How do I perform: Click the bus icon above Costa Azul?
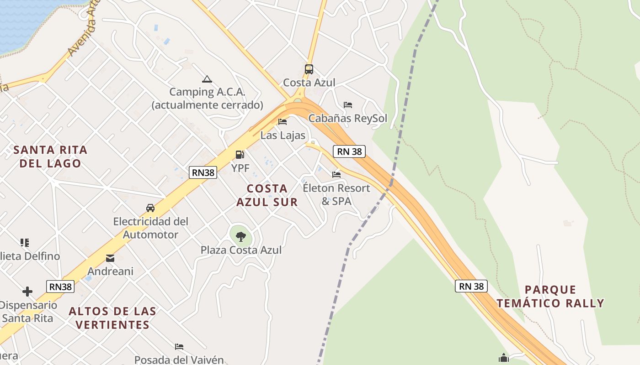point(309,69)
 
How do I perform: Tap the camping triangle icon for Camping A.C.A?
point(207,79)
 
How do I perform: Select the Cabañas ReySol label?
point(347,119)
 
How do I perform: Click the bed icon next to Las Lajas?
point(283,122)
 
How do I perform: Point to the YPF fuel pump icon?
point(240,155)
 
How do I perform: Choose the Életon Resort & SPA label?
point(336,194)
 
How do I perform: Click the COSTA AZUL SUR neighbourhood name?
point(267,195)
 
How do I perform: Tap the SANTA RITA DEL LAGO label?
point(50,156)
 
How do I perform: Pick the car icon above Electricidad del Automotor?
point(150,208)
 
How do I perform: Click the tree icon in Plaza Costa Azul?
point(240,236)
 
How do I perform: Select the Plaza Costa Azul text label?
point(241,250)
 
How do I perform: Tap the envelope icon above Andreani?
point(110,258)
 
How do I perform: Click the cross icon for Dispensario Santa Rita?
point(27,291)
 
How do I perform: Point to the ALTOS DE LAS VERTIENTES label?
point(112,318)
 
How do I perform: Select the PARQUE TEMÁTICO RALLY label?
point(550,296)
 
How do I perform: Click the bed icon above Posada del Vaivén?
point(179,347)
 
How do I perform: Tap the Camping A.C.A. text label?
point(207,98)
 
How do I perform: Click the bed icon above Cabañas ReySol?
point(348,105)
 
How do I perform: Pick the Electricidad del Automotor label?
point(150,228)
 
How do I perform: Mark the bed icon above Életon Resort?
point(336,174)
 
